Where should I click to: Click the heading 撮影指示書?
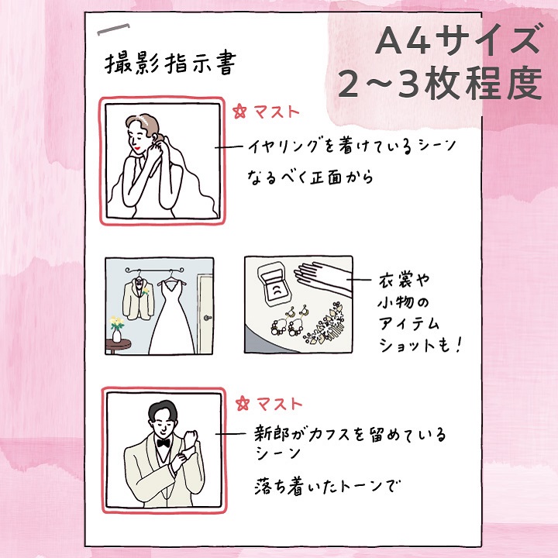[170, 64]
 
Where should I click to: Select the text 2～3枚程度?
[440, 84]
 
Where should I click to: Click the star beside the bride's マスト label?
[239, 112]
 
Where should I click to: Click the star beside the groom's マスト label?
[243, 404]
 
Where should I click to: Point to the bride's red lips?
[136, 148]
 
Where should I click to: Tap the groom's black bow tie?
[164, 443]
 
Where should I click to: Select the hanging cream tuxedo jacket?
[138, 299]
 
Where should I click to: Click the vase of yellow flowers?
[117, 329]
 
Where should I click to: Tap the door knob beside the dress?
[208, 318]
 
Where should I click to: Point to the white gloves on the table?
[323, 278]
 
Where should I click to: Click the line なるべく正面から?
[310, 177]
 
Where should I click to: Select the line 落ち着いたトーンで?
[327, 487]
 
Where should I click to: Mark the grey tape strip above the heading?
[113, 29]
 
